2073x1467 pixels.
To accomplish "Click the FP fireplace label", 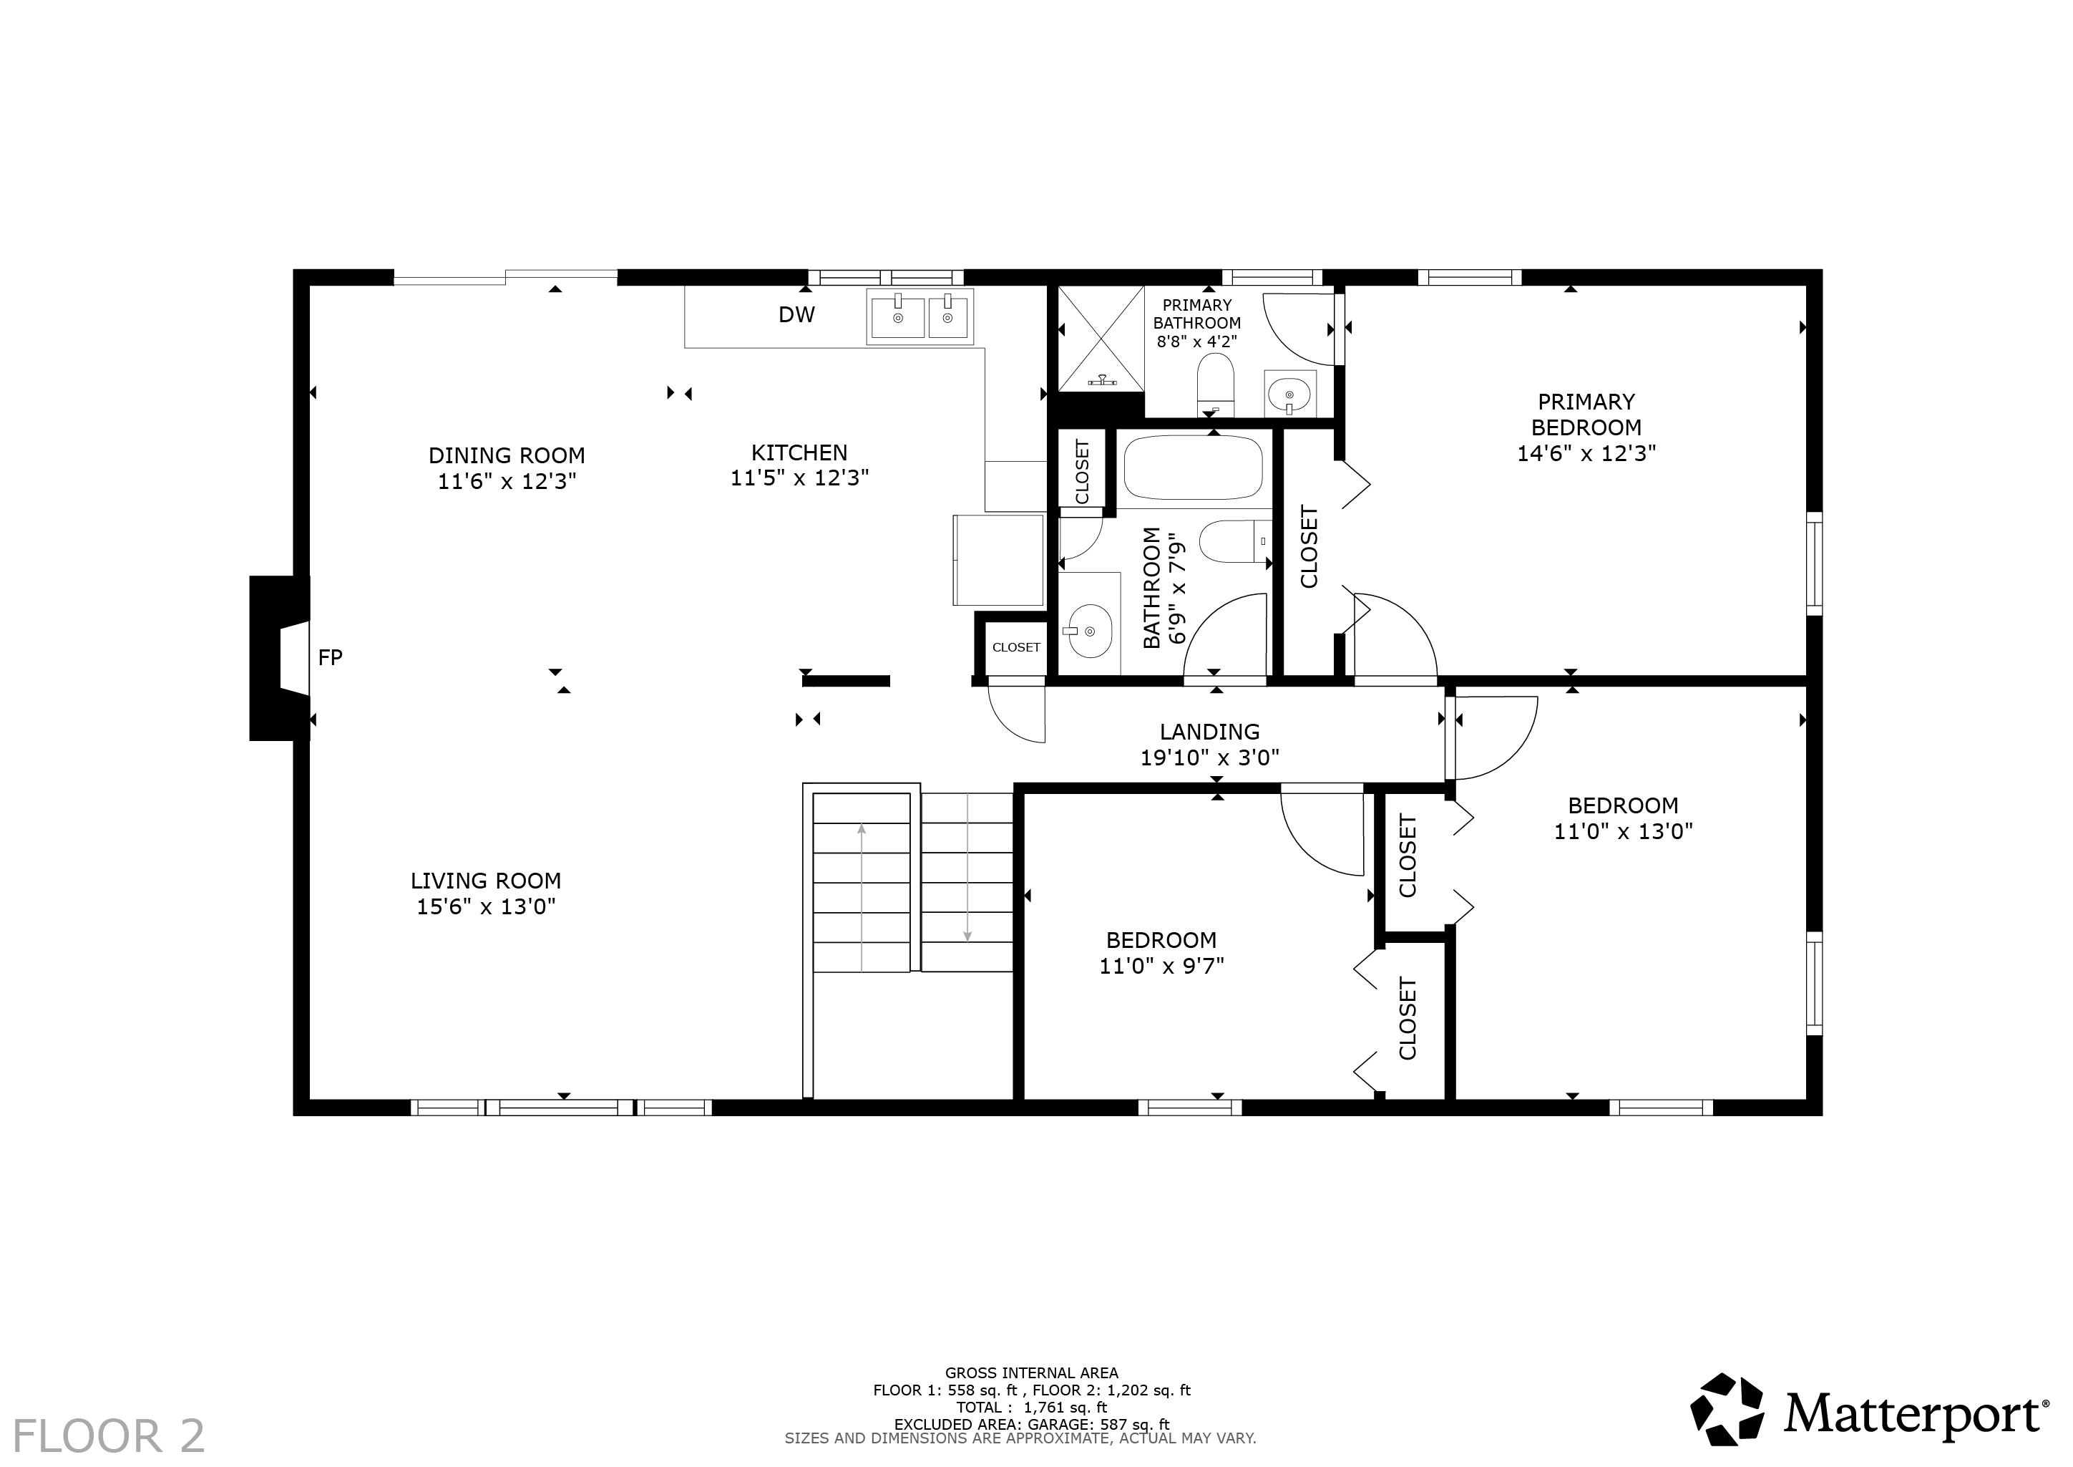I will click(x=330, y=658).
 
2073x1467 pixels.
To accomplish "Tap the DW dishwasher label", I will click(x=796, y=314).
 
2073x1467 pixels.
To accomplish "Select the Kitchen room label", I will click(x=799, y=452).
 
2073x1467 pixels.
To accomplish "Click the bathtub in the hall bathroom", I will click(x=1193, y=469).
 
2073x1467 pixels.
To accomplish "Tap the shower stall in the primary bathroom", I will click(x=1101, y=339).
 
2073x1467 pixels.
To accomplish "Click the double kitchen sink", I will click(x=920, y=316).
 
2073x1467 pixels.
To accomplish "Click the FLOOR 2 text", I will click(x=108, y=1436).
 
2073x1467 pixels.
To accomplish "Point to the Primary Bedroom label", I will click(x=1586, y=414).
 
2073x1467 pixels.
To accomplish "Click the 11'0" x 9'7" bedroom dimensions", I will click(x=1161, y=966).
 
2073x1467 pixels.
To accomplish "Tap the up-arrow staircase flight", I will click(x=862, y=883).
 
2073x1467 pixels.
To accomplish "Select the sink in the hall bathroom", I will click(x=1089, y=629).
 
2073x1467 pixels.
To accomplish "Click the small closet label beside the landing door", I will click(x=1015, y=647).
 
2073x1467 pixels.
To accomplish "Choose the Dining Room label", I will click(x=507, y=455).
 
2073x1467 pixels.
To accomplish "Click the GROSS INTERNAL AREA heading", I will click(x=1031, y=1373).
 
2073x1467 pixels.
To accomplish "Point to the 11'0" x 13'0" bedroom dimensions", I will click(x=1622, y=831).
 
